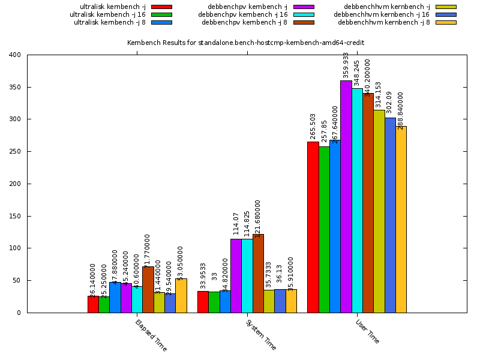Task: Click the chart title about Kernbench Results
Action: click(245, 43)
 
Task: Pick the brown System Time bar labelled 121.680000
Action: click(258, 273)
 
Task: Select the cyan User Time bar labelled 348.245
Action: click(357, 200)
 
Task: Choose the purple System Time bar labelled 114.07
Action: click(236, 275)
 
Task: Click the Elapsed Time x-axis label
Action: click(151, 335)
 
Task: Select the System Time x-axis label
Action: click(261, 335)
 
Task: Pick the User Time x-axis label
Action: click(367, 331)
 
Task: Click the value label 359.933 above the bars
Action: click(346, 66)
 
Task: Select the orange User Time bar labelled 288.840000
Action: click(401, 219)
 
